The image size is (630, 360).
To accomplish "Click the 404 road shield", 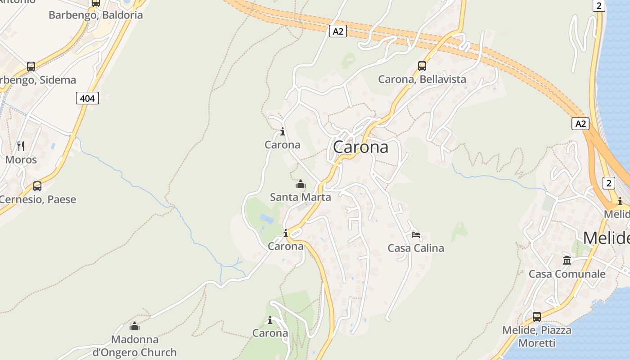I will [x=87, y=98].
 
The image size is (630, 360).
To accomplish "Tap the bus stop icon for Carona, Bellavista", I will [x=422, y=66].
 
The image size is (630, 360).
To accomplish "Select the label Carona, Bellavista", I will [x=422, y=80].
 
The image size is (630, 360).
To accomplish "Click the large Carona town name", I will [x=360, y=147].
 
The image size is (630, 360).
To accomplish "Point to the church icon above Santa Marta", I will [x=300, y=184].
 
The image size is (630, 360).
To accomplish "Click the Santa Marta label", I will [x=300, y=197].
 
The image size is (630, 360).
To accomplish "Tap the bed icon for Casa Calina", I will [x=415, y=235].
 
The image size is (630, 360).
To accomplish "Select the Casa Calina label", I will [x=416, y=248].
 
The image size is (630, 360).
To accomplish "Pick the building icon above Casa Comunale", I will [x=567, y=260].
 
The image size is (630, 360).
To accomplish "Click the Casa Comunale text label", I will [x=567, y=274].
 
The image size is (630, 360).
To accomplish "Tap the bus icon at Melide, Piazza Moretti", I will [x=537, y=316].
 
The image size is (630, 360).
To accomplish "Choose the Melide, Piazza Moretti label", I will [x=537, y=336].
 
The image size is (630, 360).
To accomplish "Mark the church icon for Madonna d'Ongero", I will [x=135, y=326].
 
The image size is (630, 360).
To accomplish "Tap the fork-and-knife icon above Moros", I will [x=21, y=146].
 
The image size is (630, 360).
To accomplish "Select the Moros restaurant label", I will [x=21, y=160].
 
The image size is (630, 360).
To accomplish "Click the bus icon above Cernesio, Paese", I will [x=37, y=186].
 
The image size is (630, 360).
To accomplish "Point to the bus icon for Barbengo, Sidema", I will [x=31, y=67].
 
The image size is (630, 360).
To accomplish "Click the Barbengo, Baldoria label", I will [x=96, y=15].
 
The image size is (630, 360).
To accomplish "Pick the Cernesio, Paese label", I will [x=38, y=199].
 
